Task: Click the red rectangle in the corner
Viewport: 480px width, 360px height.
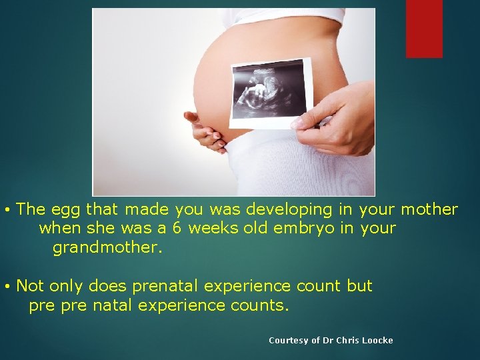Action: tap(424, 28)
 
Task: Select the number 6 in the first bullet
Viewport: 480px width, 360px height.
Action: tap(176, 229)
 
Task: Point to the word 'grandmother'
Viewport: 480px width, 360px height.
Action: tap(107, 248)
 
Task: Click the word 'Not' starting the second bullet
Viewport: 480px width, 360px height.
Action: tap(29, 287)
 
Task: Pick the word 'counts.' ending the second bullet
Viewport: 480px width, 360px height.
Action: tap(261, 306)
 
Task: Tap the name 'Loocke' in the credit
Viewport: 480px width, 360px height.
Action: tap(378, 341)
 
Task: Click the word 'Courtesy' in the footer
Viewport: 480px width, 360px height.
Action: tap(288, 341)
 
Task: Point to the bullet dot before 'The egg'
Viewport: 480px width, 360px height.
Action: tap(6, 211)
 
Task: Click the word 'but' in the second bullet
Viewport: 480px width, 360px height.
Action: tap(359, 287)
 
